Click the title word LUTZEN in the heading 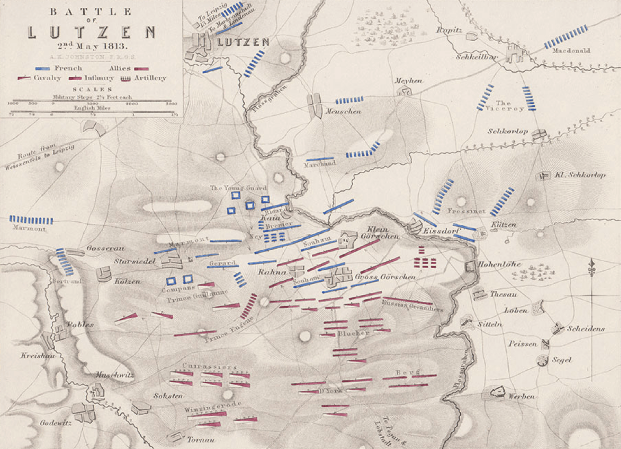91,33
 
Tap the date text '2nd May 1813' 91,46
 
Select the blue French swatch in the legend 42,69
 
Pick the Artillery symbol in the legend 125,79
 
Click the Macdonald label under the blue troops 571,51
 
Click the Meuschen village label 343,112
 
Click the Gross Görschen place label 385,277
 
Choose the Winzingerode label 213,406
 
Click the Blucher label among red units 353,333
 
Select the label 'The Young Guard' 238,188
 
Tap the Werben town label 521,396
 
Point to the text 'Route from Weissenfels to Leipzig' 39,157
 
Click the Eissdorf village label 442,231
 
